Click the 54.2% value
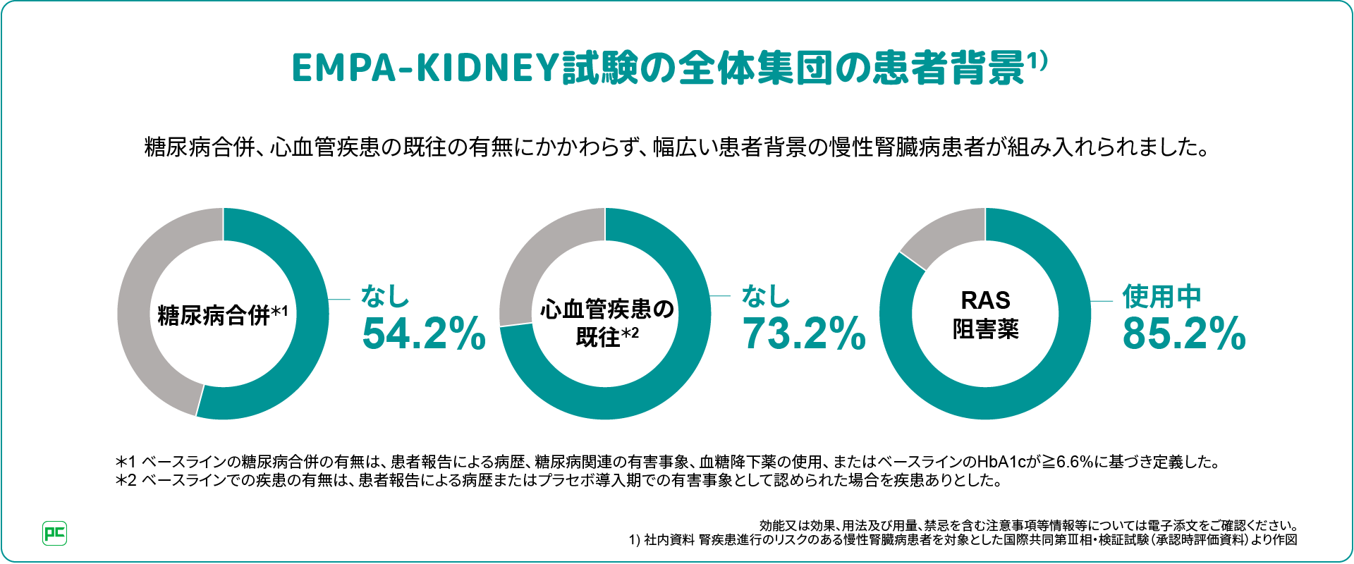coord(423,333)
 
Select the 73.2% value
coord(804,333)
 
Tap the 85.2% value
coord(1184,333)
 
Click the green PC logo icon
coord(55,533)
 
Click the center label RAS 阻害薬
coord(985,314)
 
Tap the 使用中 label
coord(1161,297)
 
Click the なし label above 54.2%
coord(385,296)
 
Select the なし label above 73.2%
coord(766,296)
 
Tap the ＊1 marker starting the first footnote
coord(126,462)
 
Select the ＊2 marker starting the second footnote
coord(126,481)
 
